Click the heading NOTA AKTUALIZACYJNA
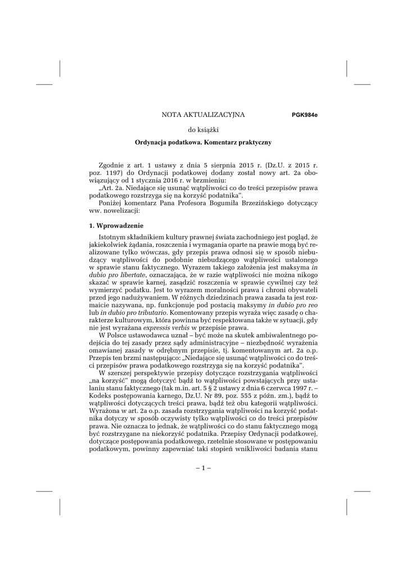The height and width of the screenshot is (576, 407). pyautogui.click(x=203, y=115)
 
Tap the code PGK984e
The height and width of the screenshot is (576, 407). pyautogui.click(x=305, y=115)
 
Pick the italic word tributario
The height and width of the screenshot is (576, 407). pyautogui.click(x=149, y=311)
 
